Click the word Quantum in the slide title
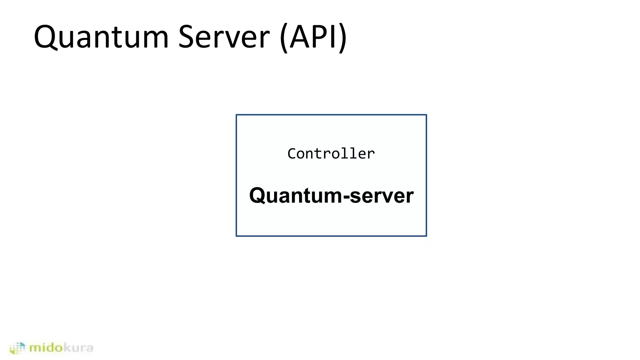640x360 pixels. (101, 37)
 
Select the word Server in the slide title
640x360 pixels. (223, 37)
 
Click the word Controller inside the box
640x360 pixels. (331, 154)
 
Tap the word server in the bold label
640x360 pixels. (382, 196)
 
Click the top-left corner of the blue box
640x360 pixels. (237, 115)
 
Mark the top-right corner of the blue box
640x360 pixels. (426, 115)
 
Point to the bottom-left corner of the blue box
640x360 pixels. (237, 236)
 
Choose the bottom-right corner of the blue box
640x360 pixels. (426, 236)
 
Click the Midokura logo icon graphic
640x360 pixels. (17, 348)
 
